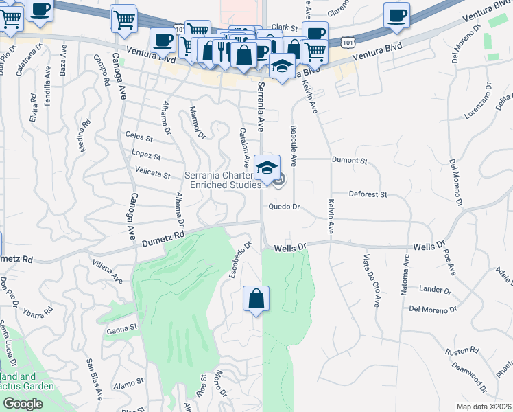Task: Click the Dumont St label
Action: [350, 161]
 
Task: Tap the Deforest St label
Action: [368, 195]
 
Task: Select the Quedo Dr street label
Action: [285, 207]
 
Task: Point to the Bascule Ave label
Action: [294, 146]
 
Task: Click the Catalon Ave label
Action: [243, 146]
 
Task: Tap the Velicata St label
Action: [153, 174]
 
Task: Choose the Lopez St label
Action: [146, 156]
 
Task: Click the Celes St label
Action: [139, 137]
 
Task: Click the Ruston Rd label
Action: [456, 351]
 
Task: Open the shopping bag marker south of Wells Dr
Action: [256, 299]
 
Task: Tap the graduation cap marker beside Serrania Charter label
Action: [267, 167]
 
